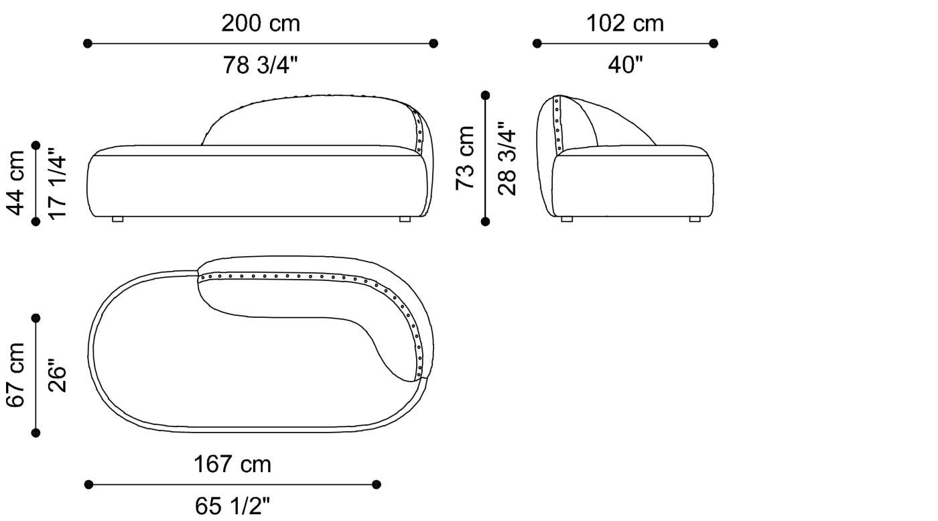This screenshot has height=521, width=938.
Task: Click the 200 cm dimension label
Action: click(261, 23)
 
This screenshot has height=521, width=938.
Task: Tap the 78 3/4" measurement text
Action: click(260, 65)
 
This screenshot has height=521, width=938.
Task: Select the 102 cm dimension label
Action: click(624, 23)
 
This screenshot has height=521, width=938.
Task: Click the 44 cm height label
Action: click(16, 183)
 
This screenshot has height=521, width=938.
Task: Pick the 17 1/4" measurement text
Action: click(57, 183)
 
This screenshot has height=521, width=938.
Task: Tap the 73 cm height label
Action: click(465, 158)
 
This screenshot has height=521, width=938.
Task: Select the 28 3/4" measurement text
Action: click(507, 158)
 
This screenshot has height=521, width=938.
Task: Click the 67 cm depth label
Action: click(16, 375)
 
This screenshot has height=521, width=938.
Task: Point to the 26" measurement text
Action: click(57, 375)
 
